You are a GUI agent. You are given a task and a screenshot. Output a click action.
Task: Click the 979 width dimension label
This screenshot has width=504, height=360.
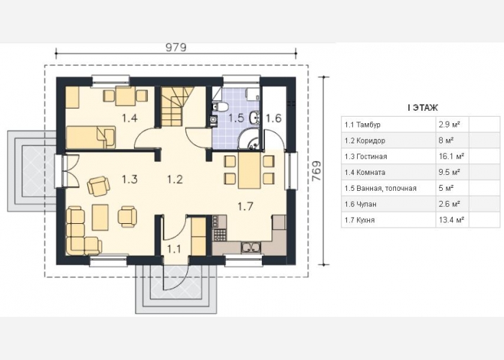176,48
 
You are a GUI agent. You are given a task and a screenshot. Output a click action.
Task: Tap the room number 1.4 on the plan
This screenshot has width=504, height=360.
130,118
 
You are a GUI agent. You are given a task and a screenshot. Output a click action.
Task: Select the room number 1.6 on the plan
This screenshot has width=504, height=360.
274,118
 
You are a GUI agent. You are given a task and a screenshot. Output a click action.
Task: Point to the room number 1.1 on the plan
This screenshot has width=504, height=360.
174,249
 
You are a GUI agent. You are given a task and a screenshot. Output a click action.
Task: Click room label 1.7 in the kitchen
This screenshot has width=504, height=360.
246,207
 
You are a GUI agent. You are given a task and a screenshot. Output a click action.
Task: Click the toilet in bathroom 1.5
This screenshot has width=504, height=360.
220,107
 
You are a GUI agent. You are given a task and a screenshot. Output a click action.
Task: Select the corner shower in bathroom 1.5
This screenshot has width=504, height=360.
249,140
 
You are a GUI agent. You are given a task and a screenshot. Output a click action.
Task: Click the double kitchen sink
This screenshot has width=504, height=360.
251,247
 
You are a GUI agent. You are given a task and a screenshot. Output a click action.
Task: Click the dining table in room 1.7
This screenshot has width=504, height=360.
249,170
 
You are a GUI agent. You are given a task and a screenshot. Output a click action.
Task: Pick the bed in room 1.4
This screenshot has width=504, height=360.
91,138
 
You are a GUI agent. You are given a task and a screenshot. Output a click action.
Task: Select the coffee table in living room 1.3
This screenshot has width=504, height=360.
100,217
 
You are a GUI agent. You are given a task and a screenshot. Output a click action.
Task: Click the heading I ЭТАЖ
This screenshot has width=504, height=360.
423,108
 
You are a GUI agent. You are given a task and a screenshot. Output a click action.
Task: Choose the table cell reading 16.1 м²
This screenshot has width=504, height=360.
451,156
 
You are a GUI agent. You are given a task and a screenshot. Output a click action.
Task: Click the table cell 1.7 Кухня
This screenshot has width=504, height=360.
359,220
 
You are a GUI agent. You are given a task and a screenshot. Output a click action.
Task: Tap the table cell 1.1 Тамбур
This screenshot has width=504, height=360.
363,125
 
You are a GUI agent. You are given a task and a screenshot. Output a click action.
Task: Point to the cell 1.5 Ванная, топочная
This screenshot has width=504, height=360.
381,189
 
